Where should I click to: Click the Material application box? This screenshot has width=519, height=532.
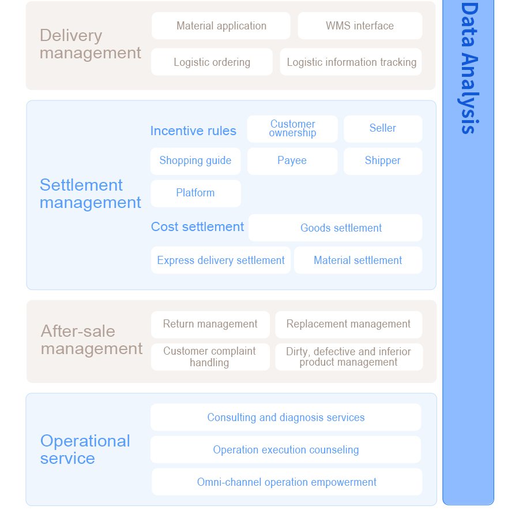coord(221,26)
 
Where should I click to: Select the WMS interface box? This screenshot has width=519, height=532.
coord(360,26)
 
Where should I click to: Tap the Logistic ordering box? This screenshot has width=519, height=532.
coord(212,62)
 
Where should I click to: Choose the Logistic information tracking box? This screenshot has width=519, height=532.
coord(351,62)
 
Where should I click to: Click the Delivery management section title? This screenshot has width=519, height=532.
coord(90,44)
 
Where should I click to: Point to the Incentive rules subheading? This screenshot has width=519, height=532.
coord(193,131)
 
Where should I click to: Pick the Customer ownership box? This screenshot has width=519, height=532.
coord(292,129)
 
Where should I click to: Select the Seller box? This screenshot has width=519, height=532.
coord(383,129)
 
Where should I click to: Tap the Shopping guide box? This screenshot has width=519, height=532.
coord(195,161)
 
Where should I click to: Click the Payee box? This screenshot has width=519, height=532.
coord(292,161)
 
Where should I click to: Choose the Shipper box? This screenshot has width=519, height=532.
coord(383,161)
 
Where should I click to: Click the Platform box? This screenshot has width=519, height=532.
coord(196,194)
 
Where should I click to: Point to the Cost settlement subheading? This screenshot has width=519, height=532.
coord(197,226)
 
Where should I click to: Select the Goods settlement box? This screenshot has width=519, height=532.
coord(336,228)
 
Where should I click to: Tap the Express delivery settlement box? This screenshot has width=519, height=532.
coord(221,261)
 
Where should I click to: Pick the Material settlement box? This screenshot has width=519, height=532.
coord(358,261)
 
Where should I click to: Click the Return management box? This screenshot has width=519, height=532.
coord(210,325)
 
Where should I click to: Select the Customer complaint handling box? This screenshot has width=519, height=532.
coord(210,357)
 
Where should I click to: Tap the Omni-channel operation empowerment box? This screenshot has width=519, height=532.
coord(287,482)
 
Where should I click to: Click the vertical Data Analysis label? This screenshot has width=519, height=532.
coord(469,68)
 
